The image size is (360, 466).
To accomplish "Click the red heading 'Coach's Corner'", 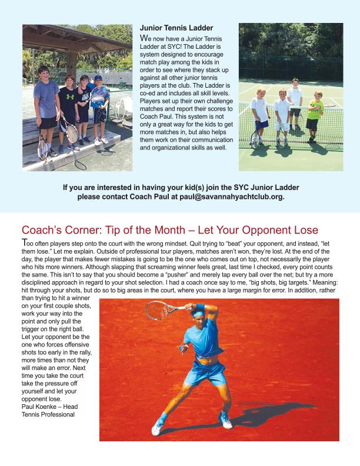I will [x=58, y=228].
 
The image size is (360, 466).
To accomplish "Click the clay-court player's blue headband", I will [x=200, y=308].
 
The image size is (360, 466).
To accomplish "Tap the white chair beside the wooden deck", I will [x=121, y=109].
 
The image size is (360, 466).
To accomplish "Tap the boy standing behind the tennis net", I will [x=295, y=103].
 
